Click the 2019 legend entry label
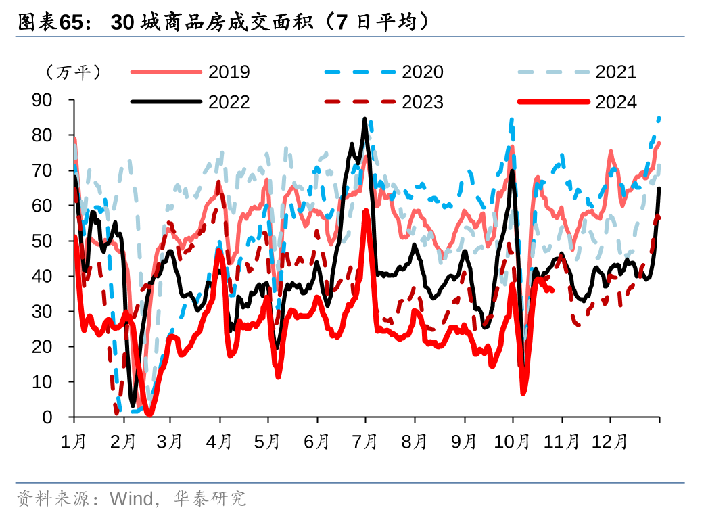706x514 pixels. (x=229, y=72)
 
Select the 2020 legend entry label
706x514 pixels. (x=423, y=72)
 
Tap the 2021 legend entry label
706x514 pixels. (x=616, y=72)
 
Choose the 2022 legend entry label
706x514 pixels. (x=229, y=102)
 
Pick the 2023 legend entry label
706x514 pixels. (x=423, y=102)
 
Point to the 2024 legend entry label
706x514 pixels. (x=616, y=102)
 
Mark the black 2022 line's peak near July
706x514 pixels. (x=365, y=119)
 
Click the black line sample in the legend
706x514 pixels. (x=166, y=102)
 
